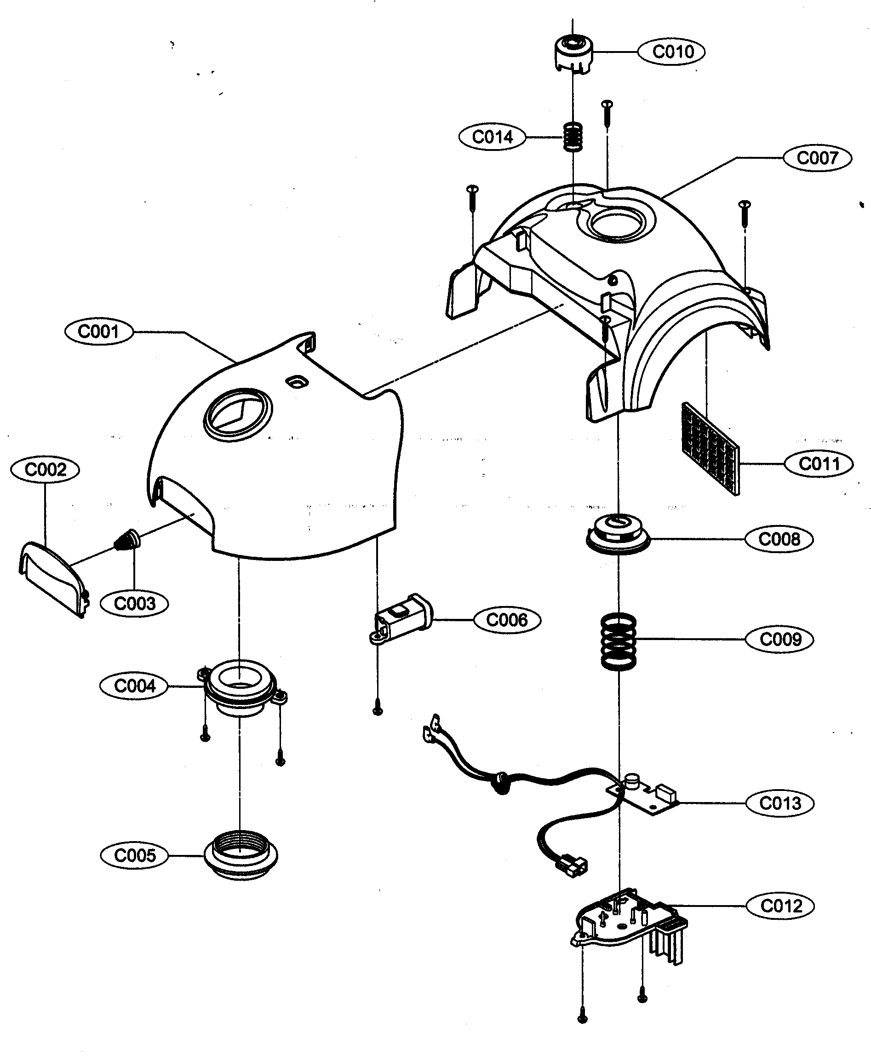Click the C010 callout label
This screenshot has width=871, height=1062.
point(671,52)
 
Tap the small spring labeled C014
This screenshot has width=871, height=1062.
point(573,137)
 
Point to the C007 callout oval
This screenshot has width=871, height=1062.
point(817,158)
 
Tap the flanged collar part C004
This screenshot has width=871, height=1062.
point(241,687)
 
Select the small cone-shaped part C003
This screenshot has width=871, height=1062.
point(127,541)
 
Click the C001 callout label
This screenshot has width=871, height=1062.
point(99,332)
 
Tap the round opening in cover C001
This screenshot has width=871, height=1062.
point(238,415)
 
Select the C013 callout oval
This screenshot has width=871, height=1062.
point(779,803)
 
